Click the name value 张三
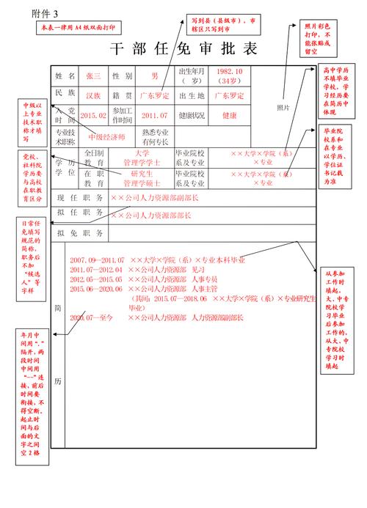pyautogui.click(x=94, y=76)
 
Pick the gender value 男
pyautogui.click(x=154, y=76)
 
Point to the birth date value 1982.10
pyautogui.click(x=230, y=72)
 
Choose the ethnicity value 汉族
pyautogui.click(x=93, y=95)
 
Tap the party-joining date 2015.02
pyautogui.click(x=93, y=115)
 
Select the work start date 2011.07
pyautogui.click(x=154, y=115)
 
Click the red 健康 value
pyautogui.click(x=229, y=115)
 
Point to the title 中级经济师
pyautogui.click(x=106, y=136)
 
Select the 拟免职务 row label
pyautogui.click(x=80, y=232)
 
